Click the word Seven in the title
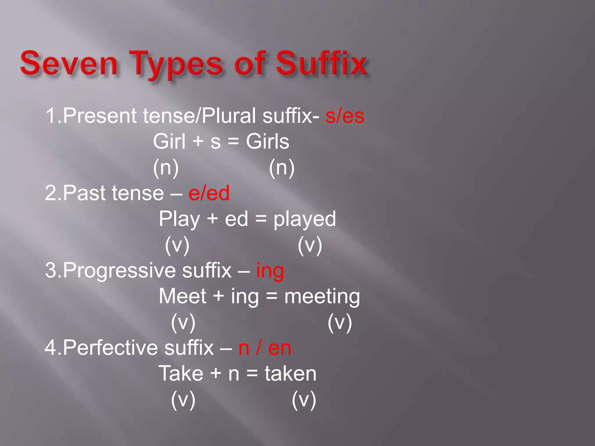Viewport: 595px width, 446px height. (69, 63)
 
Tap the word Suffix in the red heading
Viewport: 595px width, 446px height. (321, 63)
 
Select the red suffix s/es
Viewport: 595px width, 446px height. (345, 116)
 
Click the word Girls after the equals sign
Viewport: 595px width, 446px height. (268, 142)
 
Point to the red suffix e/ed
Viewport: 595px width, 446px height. (209, 193)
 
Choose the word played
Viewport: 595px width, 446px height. (304, 219)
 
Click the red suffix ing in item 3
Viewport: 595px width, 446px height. (270, 271)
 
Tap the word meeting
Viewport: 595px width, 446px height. (322, 297)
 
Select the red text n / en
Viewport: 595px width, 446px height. (265, 348)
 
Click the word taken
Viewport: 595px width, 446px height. (290, 374)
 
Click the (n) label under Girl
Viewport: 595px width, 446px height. (166, 168)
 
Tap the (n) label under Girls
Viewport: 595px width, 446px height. (282, 168)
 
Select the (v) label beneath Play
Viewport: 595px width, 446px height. (177, 245)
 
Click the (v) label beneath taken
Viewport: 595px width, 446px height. (304, 400)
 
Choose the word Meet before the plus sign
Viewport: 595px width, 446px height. (182, 297)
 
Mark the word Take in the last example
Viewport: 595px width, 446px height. (181, 374)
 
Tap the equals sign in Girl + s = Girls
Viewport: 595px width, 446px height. (233, 142)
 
